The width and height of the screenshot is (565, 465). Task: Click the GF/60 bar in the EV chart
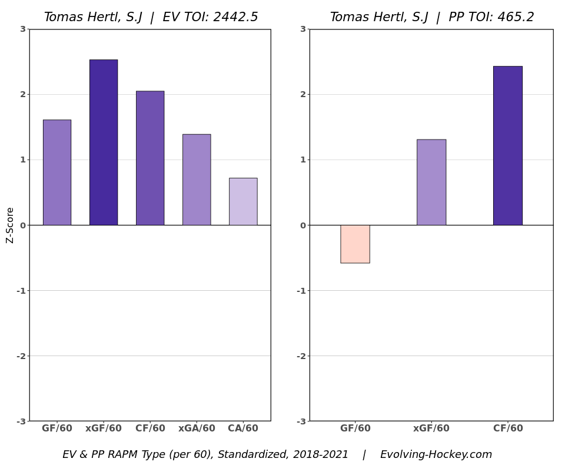point(57,172)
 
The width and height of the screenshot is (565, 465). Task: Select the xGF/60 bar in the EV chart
point(104,142)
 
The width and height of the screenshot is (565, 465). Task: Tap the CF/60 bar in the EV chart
point(150,158)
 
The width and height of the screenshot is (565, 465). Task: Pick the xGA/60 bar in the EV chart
point(197,180)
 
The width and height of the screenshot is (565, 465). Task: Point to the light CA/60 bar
point(243,201)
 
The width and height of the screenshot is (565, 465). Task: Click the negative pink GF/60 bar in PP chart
point(355,244)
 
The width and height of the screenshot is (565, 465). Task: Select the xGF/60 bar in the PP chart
point(431,182)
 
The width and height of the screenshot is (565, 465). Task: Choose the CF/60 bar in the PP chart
point(508,145)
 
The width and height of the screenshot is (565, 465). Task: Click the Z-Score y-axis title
point(10,225)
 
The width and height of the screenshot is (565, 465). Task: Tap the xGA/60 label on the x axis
point(197,429)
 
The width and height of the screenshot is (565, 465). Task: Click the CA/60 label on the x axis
point(243,429)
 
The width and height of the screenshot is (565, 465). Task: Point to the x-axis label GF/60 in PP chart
point(355,429)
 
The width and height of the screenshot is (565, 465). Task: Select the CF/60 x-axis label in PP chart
point(508,429)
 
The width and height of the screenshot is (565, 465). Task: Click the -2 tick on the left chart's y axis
point(22,356)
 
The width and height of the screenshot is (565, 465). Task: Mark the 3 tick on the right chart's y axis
point(303,29)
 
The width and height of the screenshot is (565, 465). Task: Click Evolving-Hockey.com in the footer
point(436,455)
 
